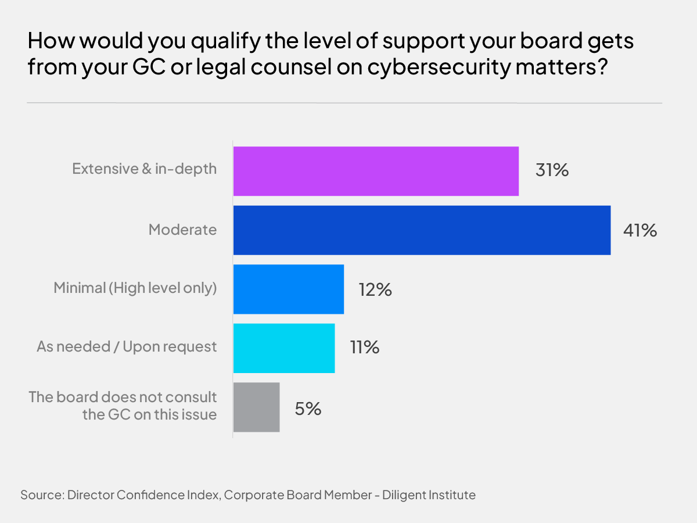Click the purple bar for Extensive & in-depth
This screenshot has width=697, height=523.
coord(376,171)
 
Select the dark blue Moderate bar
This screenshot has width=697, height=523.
coord(422,230)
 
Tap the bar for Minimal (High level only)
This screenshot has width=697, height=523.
coord(288,289)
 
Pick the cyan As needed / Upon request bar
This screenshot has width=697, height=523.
coord(283,348)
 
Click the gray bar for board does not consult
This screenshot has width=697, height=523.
coord(256,407)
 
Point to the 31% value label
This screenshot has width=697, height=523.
coord(552,171)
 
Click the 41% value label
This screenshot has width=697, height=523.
coord(639,230)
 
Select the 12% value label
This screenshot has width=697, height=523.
coord(375,289)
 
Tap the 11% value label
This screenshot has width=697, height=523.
coord(364,348)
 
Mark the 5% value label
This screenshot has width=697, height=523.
coord(308,408)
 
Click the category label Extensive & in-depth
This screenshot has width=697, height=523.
coord(144,169)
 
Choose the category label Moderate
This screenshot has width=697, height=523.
coord(182,230)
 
